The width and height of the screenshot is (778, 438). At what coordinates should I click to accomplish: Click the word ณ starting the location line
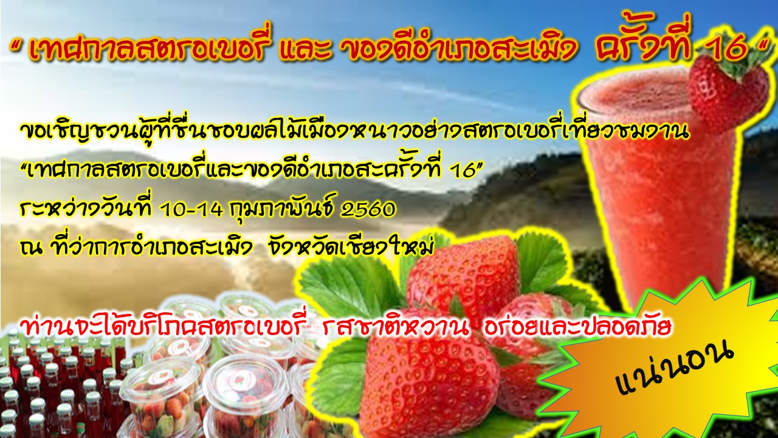(30, 249)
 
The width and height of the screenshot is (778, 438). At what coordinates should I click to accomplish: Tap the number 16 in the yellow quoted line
(466, 171)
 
